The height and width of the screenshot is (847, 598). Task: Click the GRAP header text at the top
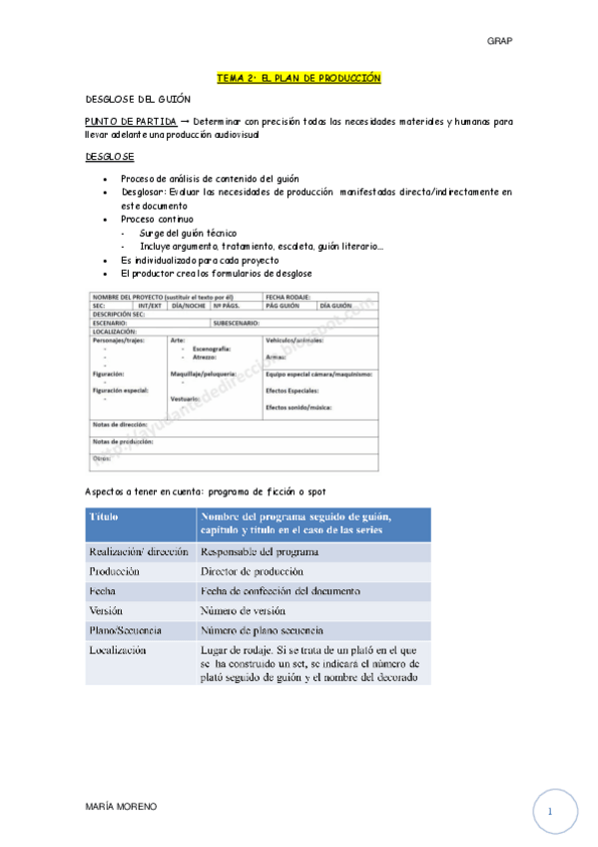(x=498, y=41)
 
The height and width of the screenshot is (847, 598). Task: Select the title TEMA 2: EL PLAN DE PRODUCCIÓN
(x=299, y=78)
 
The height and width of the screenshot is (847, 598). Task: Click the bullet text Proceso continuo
(x=157, y=219)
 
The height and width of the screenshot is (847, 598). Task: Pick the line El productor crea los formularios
(x=216, y=274)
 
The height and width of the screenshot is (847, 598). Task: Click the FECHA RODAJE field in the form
(x=289, y=297)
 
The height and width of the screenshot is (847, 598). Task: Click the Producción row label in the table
(x=114, y=571)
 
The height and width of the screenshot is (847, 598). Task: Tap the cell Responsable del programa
(x=259, y=551)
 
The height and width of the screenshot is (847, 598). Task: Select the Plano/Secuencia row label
(x=125, y=630)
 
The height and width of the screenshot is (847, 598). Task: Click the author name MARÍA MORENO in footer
(x=120, y=806)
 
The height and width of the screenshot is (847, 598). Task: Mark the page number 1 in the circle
(x=549, y=812)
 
